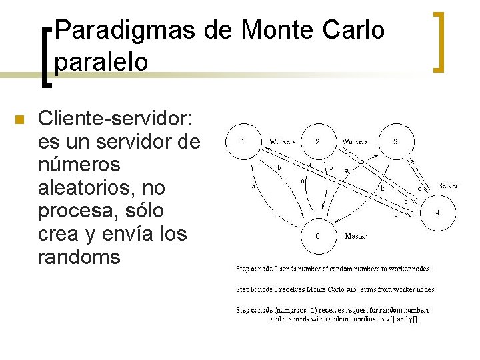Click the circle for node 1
coord(243,141)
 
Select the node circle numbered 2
coord(317,141)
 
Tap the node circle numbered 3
coord(395,141)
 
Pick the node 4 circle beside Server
coord(437,213)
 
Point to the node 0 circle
coord(317,235)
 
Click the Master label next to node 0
coord(355,235)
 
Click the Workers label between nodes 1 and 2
coord(282,141)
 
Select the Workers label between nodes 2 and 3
coord(355,141)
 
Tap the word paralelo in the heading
coord(101,61)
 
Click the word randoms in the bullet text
coord(80,257)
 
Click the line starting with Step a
coord(333,269)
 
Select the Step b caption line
coord(335,289)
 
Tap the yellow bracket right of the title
coord(438,41)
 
